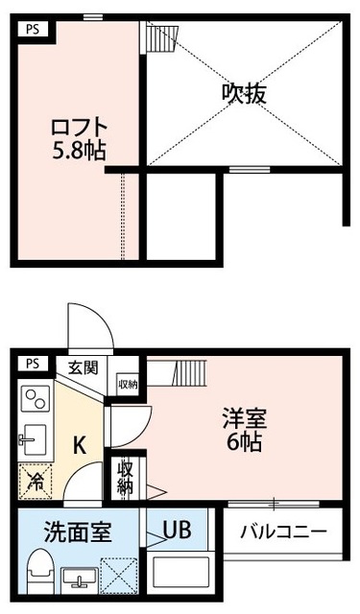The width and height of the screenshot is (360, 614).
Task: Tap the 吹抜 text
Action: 244,93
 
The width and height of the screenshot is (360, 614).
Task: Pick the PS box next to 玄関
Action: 33,364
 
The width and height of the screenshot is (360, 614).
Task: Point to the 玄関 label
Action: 83,366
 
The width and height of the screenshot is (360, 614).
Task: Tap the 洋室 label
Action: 244,420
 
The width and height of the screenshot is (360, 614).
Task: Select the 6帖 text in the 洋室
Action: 244,443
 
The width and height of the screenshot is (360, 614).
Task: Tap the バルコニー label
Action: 283,531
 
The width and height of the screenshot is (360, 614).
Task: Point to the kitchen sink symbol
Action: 35,437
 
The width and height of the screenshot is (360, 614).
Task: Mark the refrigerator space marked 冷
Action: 35,480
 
